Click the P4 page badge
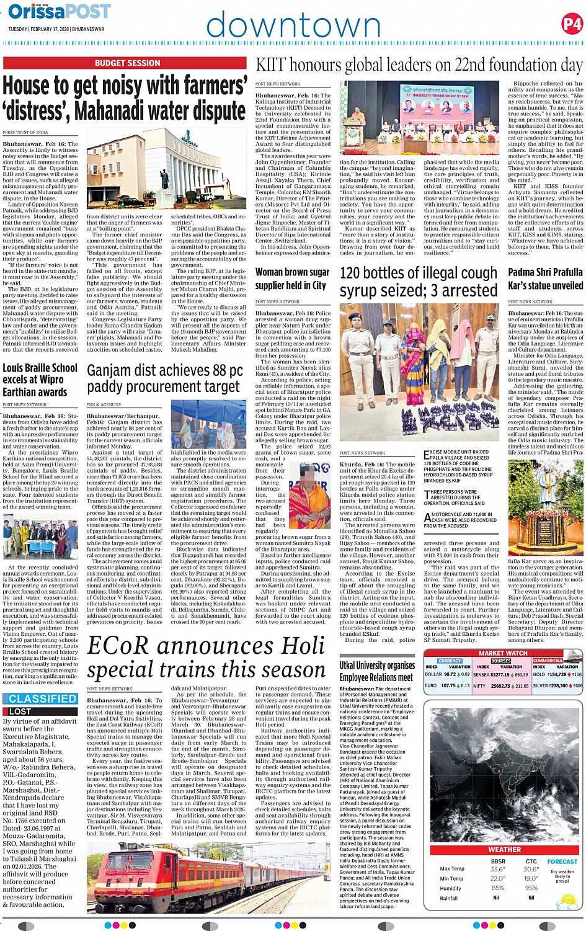(572, 25)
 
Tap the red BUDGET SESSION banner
(127, 63)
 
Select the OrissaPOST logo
(60, 11)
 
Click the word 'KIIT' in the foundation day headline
(270, 65)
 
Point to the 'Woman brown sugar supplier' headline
(292, 278)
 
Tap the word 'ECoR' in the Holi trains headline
(127, 646)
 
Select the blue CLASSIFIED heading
(43, 698)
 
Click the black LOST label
(20, 711)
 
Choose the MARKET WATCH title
(503, 653)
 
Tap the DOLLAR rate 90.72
(450, 674)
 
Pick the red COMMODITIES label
(548, 661)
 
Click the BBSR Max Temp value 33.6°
(497, 869)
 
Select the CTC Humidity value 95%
(531, 888)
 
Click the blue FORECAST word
(562, 862)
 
